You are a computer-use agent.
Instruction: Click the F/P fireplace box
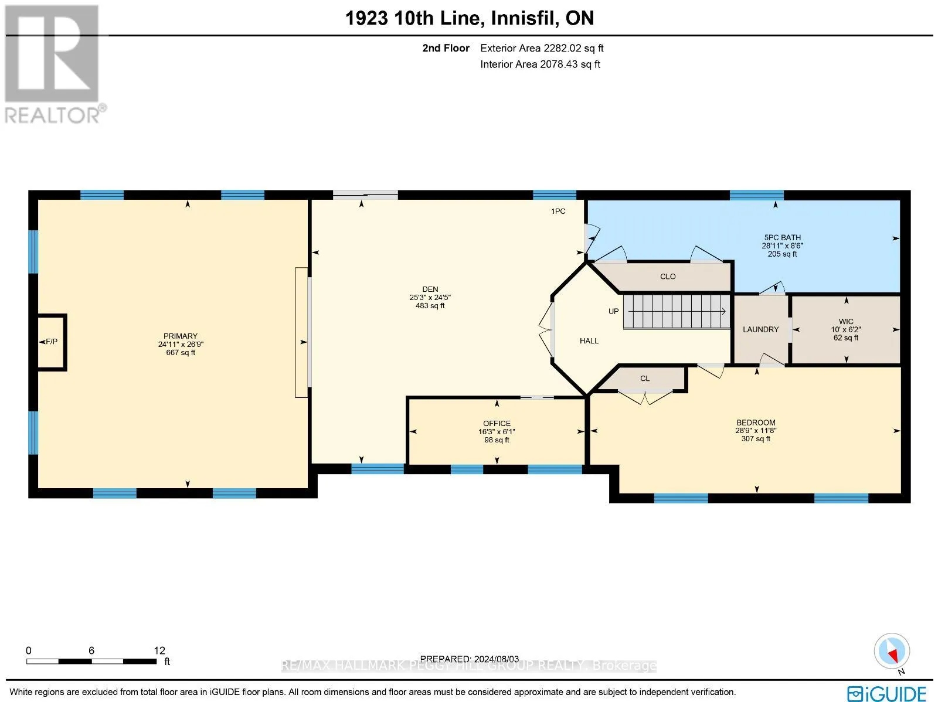(52, 342)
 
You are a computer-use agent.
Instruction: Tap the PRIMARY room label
(181, 336)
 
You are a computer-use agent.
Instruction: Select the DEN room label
(430, 289)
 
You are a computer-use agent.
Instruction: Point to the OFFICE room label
(497, 423)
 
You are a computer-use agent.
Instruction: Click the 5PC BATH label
(782, 237)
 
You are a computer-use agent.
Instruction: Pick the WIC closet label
(846, 322)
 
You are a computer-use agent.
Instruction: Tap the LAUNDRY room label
(760, 330)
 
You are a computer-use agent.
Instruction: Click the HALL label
(589, 341)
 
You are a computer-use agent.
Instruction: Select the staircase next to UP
(676, 311)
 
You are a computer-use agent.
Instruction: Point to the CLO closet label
(668, 277)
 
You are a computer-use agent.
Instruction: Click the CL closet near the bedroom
(645, 379)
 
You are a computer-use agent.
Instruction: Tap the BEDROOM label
(756, 422)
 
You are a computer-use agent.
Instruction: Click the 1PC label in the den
(558, 211)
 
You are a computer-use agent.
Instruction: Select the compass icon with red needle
(892, 651)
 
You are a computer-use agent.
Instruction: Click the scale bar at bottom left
(91, 661)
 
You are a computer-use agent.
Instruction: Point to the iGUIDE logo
(887, 693)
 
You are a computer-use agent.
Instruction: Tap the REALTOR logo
(55, 64)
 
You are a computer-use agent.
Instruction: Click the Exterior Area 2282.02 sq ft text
(542, 48)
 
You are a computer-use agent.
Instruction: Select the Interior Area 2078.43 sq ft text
(540, 64)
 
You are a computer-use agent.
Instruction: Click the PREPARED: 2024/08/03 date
(469, 659)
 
